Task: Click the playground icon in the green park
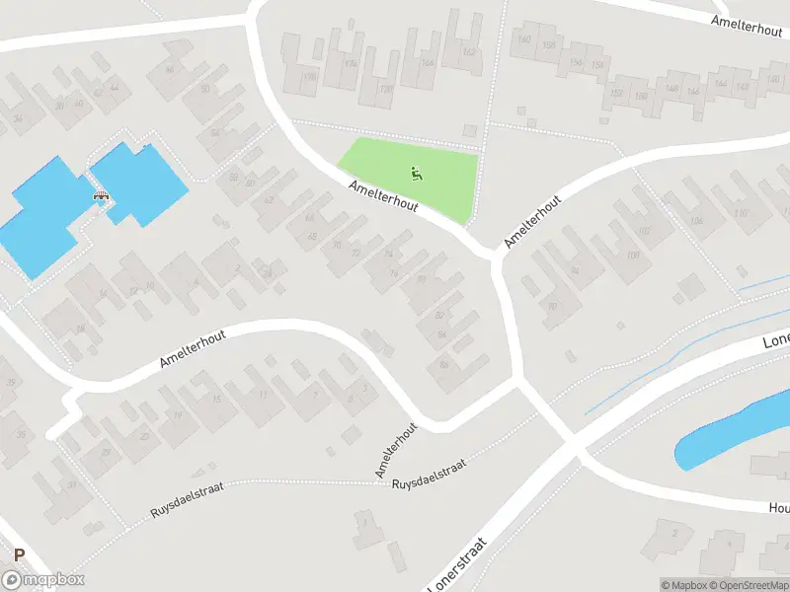click(417, 175)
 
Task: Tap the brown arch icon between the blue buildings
click(100, 197)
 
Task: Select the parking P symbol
click(19, 556)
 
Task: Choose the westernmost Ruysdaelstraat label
click(187, 502)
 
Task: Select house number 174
click(352, 64)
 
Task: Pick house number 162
click(468, 52)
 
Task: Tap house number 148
click(671, 89)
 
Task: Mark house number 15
click(216, 399)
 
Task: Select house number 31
click(71, 484)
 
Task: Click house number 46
click(169, 69)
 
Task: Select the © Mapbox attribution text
click(682, 585)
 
